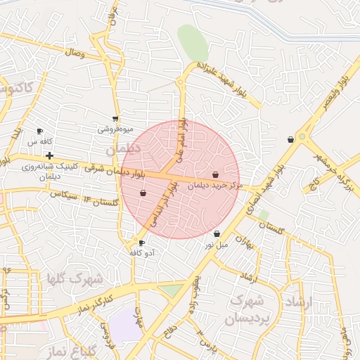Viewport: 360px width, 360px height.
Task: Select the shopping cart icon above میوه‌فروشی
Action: point(115,120)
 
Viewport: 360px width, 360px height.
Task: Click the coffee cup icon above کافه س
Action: point(39,131)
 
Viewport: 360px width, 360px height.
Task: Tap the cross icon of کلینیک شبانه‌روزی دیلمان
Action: point(49,155)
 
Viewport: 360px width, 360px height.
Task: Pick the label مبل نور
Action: point(217,245)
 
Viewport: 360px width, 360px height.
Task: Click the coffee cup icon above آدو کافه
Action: point(142,243)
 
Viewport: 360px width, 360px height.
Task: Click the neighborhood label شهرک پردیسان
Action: point(246,309)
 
